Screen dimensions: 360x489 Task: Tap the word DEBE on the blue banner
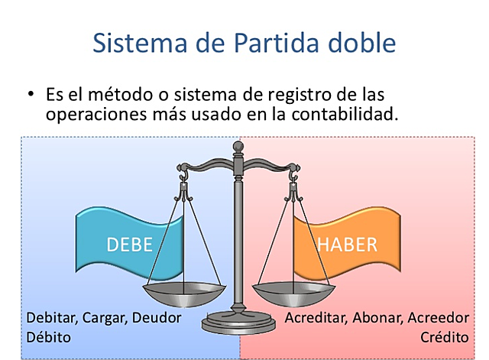130,245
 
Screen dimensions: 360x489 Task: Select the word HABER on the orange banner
347,245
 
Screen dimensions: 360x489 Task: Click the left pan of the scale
184,291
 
